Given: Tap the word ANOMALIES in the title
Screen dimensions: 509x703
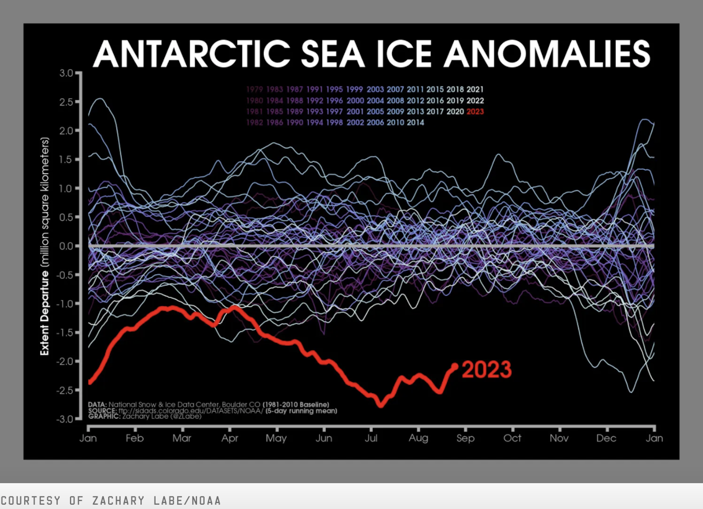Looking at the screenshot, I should point(547,54).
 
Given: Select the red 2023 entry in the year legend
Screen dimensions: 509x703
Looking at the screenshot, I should point(475,112).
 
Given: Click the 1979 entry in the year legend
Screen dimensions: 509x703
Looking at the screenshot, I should point(254,90).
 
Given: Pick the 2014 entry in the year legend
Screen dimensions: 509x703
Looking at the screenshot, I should point(415,123).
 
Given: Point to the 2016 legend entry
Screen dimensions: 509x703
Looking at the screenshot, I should point(435,101).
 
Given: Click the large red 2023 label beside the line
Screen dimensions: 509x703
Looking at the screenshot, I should point(486,370).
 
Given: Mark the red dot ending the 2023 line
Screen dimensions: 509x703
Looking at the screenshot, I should point(455,366).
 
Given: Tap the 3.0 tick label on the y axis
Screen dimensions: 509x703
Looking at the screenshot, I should point(66,73).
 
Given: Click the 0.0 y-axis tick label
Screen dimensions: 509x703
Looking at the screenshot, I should point(66,246).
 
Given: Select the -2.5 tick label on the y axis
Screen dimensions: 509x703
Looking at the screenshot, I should point(65,390).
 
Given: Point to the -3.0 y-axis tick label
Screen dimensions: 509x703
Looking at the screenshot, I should point(65,419).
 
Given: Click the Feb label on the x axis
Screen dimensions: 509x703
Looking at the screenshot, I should point(135,438).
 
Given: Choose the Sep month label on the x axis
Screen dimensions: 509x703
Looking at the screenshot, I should point(465,438).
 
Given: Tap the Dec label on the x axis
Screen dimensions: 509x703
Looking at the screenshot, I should point(606,438).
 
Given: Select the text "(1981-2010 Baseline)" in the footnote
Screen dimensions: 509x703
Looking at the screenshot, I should point(296,405).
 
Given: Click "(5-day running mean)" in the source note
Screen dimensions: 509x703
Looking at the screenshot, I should point(301,411).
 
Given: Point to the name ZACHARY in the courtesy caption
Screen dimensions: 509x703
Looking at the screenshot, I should point(118,501).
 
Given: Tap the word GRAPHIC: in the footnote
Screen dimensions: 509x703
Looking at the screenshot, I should point(104,416).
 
